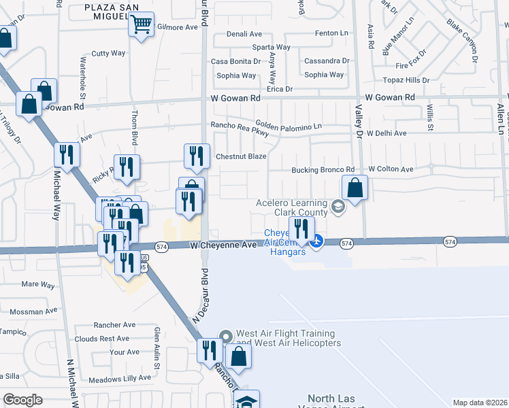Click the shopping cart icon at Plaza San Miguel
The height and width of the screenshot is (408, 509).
click(141, 25)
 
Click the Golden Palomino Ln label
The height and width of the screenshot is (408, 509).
click(289, 126)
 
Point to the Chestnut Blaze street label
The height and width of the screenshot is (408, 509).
click(241, 156)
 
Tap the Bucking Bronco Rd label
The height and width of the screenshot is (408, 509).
click(323, 169)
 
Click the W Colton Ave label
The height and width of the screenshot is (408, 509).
click(391, 169)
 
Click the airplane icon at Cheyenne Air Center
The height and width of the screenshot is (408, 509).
click(317, 241)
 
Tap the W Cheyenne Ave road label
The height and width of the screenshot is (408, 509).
click(223, 245)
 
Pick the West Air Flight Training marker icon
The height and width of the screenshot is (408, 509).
click(227, 336)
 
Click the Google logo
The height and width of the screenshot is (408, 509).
click(22, 400)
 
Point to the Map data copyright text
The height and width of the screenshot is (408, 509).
click(480, 403)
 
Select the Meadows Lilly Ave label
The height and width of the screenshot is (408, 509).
click(120, 377)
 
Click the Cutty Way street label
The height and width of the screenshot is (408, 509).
click(109, 53)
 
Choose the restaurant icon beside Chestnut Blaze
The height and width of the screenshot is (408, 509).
click(196, 156)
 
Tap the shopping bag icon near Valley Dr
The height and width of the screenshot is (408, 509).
click(355, 188)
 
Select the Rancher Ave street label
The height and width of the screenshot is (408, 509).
click(115, 325)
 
